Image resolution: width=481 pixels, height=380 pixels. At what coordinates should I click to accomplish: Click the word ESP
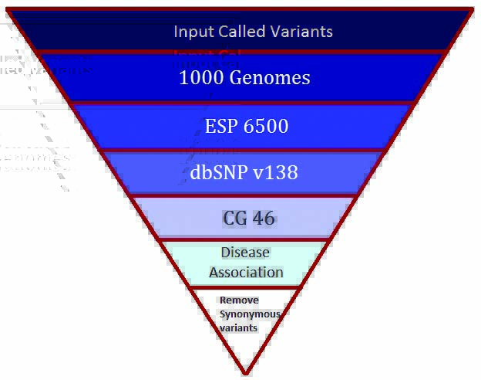tap(221, 126)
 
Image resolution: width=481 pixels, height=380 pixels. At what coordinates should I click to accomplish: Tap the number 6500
tap(267, 126)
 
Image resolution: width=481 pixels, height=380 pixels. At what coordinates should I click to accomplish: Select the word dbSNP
tap(220, 172)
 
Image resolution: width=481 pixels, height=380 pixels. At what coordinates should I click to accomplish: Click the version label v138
tap(277, 172)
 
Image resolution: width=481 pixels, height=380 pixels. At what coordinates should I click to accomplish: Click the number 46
tap(263, 219)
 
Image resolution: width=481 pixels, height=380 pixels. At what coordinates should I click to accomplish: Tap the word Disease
tap(245, 253)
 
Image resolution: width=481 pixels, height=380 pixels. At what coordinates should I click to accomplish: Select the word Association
tap(246, 272)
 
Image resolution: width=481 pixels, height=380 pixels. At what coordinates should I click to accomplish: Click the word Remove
tap(239, 300)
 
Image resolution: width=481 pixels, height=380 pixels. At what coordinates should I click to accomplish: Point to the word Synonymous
tap(250, 314)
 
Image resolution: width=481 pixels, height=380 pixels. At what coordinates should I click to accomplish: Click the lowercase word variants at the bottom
tap(238, 328)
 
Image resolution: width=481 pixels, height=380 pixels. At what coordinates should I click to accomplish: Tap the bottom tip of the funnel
tap(245, 373)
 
